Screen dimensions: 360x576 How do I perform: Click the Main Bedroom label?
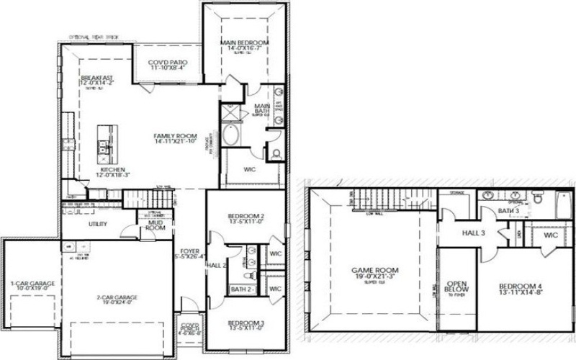(x=244, y=43)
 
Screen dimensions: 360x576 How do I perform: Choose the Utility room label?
(x=98, y=224)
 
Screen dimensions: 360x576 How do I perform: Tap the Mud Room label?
(x=156, y=225)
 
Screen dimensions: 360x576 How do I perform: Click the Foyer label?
(x=190, y=251)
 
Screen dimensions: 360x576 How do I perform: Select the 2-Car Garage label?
(x=117, y=297)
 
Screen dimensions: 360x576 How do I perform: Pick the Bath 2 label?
(x=239, y=289)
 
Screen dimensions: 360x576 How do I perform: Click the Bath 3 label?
(x=509, y=210)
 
